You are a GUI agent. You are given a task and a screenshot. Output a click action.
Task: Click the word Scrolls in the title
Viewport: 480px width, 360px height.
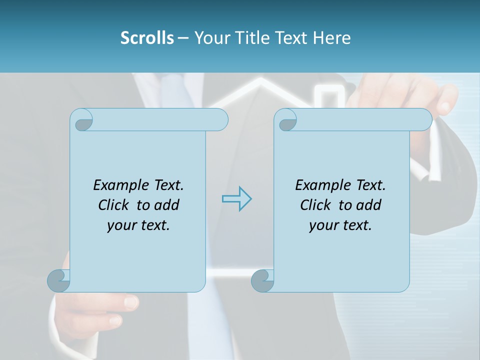(147, 38)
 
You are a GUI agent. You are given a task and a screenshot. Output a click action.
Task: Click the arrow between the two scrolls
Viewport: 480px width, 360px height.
(236, 199)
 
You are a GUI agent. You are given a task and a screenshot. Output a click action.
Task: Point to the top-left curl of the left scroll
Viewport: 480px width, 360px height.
(83, 120)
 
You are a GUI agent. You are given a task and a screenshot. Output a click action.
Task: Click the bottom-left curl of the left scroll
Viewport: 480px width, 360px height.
(59, 281)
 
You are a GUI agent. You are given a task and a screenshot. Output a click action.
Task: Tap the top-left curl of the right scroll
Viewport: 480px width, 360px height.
(287, 120)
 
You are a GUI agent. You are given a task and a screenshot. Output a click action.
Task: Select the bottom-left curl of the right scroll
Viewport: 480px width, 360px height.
(263, 281)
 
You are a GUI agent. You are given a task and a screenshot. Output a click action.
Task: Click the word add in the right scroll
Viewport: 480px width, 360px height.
(369, 205)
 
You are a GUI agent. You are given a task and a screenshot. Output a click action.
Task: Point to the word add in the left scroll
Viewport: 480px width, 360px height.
(167, 205)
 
